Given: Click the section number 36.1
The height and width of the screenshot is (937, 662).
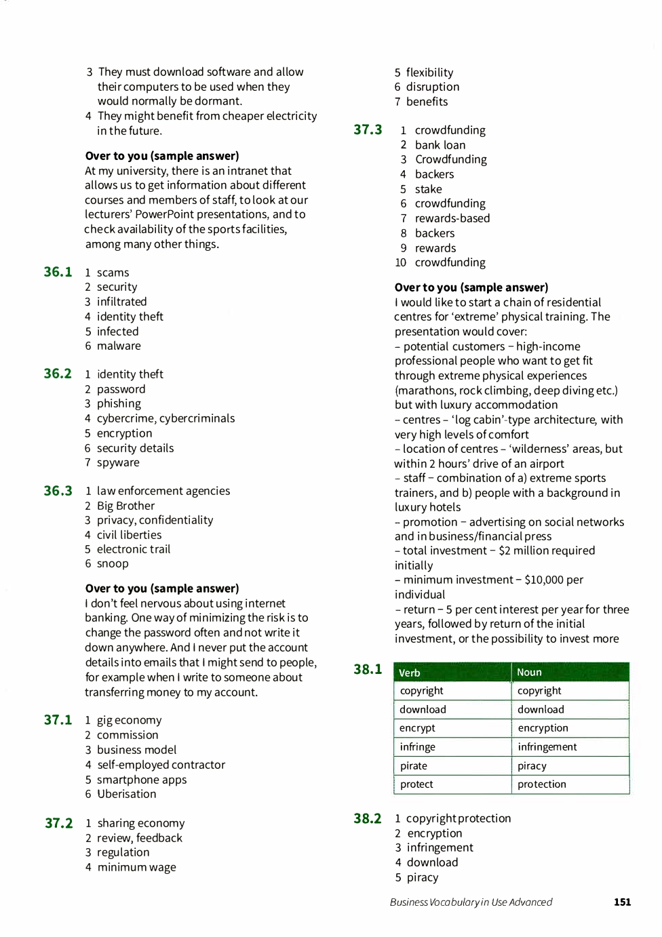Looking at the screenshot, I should (x=58, y=272).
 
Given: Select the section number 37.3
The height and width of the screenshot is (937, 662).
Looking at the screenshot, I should (x=368, y=129).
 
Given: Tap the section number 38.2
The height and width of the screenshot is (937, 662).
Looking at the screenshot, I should (x=367, y=818).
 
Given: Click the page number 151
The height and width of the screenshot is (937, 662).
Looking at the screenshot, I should (x=622, y=902).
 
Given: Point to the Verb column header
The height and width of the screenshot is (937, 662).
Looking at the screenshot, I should (x=410, y=673).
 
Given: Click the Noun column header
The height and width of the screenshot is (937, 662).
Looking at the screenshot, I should (x=529, y=673).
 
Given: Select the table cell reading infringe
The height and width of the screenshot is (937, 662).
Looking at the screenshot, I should (x=418, y=746).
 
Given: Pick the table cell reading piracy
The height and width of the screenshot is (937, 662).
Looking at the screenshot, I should (x=532, y=765).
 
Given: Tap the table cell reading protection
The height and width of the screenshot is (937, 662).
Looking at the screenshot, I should (x=541, y=784).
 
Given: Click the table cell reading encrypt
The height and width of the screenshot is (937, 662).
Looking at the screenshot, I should (x=417, y=727).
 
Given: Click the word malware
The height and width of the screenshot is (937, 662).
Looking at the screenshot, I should (x=119, y=346).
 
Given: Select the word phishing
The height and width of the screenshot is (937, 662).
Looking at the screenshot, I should (x=119, y=403).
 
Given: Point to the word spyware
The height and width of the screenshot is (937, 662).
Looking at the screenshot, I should (x=118, y=462).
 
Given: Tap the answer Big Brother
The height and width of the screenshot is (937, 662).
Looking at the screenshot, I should (x=125, y=506).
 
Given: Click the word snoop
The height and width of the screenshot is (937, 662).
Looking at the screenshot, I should (x=113, y=563).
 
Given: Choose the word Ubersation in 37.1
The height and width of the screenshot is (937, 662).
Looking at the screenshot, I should (x=126, y=794).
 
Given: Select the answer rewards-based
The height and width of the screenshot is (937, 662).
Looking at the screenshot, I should (x=452, y=218).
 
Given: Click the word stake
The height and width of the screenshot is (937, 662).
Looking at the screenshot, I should (x=428, y=189).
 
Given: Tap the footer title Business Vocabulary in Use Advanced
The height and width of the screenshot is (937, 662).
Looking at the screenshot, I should (x=471, y=902).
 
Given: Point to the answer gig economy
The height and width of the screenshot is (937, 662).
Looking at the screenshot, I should (x=129, y=720).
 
